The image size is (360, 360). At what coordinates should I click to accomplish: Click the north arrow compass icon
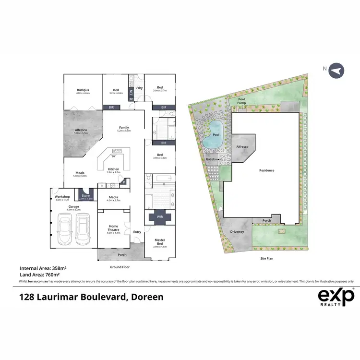coord(337,71)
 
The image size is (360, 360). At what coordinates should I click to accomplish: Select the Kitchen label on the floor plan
coord(114,169)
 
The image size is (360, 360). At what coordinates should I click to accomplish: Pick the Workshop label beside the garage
coord(62,197)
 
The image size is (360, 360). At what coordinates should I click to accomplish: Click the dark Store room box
coord(86,196)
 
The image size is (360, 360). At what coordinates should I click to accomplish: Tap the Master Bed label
coord(160,241)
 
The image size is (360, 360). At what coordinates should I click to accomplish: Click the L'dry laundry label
coord(139,88)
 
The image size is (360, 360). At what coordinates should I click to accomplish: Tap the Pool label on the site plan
coord(216,135)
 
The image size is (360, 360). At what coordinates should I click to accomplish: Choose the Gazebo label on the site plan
coord(212,158)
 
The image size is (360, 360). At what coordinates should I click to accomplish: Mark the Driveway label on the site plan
coord(237,232)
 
